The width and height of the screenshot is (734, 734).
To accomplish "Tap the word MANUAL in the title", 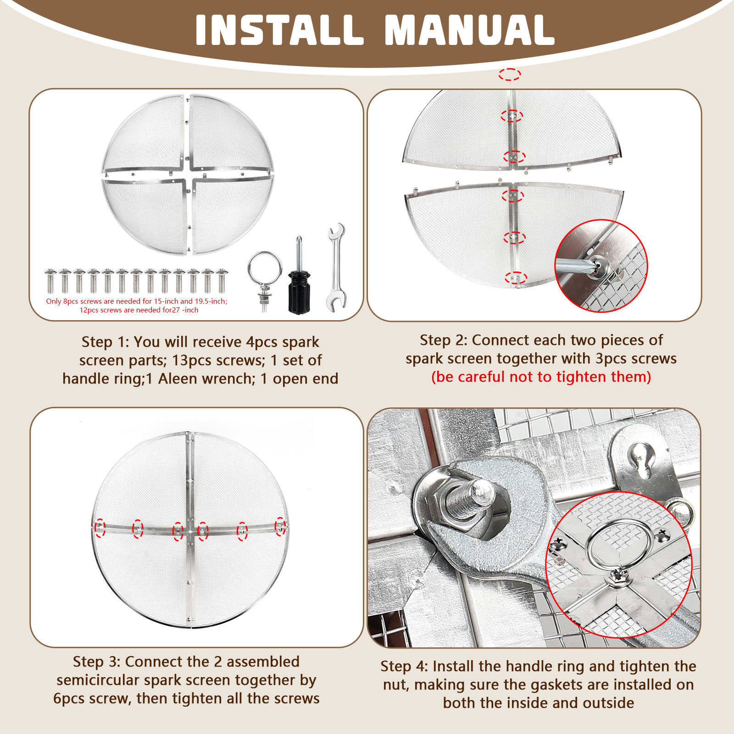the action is click(x=470, y=30).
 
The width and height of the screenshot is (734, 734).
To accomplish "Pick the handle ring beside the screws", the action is click(x=265, y=279).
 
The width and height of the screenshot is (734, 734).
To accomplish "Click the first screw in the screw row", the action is click(x=50, y=281).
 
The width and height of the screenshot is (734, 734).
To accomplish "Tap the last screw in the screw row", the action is click(x=222, y=281).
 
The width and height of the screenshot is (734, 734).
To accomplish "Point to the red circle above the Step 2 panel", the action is click(x=510, y=74).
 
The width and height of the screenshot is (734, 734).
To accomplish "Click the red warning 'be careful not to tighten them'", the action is click(x=541, y=377).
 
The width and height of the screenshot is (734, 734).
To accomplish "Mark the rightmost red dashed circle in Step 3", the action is click(x=280, y=526).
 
